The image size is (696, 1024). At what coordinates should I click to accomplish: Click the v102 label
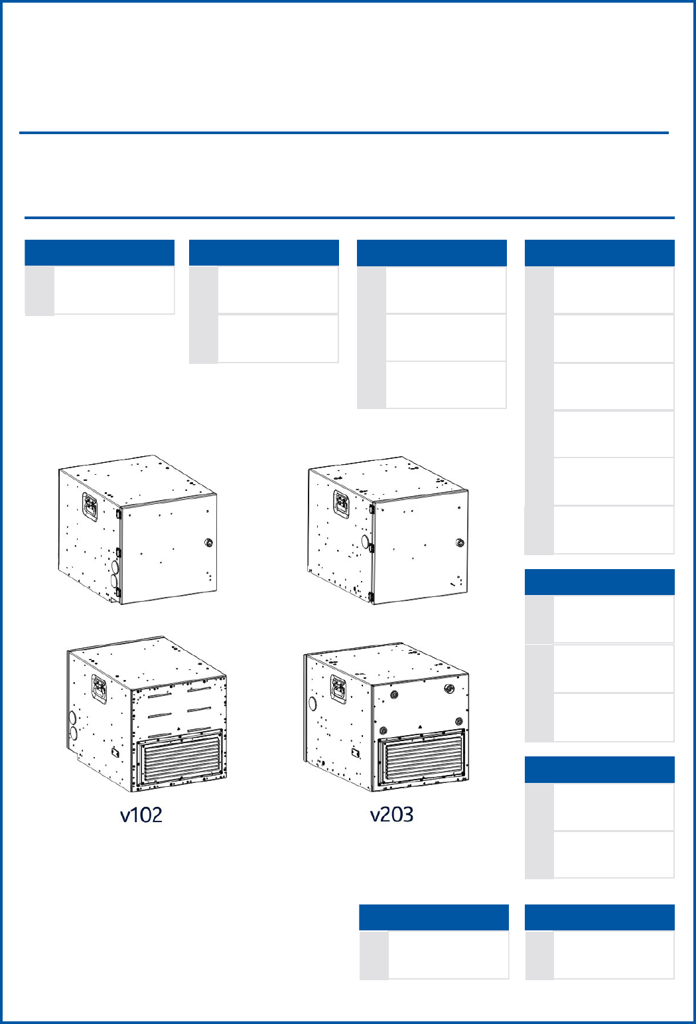tap(141, 815)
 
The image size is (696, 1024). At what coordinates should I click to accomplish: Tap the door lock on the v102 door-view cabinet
tap(209, 543)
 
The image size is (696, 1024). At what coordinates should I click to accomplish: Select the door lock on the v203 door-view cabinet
tap(460, 543)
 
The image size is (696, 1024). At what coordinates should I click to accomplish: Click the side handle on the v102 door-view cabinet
tap(90, 506)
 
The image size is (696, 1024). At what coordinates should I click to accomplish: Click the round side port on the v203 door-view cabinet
tap(366, 542)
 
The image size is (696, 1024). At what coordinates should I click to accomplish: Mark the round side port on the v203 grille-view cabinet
tap(313, 703)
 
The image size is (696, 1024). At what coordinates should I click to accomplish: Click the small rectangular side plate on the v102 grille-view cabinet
tap(115, 752)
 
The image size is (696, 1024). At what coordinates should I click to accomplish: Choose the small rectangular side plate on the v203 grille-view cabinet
tap(356, 752)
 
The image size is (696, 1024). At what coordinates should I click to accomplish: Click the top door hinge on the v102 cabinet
tap(118, 513)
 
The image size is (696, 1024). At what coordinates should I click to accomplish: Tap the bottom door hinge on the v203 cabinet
tap(371, 596)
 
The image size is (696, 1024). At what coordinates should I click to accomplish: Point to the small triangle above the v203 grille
tap(420, 726)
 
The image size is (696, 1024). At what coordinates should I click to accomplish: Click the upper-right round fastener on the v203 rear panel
tap(449, 689)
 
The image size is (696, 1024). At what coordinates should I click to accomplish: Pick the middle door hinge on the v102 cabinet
tap(118, 553)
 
